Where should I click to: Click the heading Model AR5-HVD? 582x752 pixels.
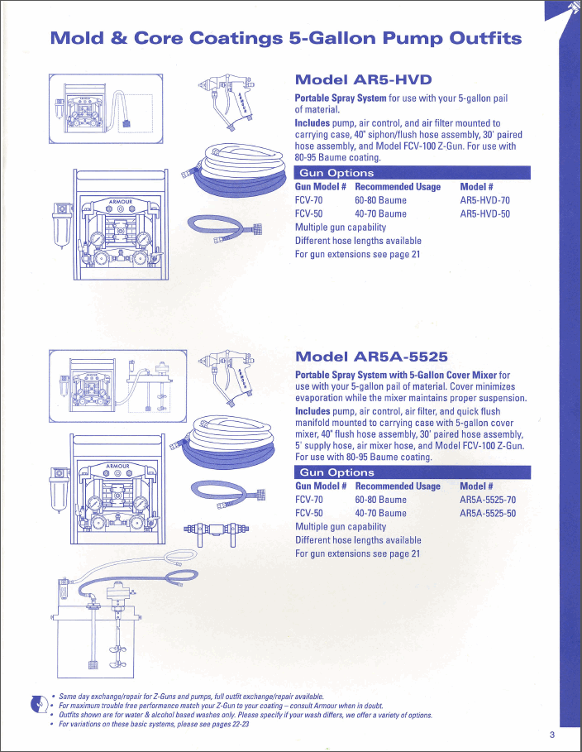click(363, 79)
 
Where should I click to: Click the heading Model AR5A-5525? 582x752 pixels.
click(371, 357)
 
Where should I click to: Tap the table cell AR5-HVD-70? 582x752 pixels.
click(484, 200)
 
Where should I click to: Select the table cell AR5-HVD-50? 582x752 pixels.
click(484, 214)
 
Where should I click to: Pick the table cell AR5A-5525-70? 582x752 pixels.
click(488, 500)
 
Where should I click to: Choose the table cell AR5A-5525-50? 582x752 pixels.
click(488, 513)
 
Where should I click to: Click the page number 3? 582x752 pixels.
click(552, 735)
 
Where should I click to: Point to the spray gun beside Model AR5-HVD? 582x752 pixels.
click(227, 102)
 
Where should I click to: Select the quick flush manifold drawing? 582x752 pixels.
click(217, 531)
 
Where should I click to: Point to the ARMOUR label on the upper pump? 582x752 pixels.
click(120, 201)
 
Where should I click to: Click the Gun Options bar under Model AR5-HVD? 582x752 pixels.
click(413, 173)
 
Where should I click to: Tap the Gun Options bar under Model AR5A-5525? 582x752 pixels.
click(413, 472)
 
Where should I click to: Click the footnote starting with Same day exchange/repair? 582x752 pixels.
click(191, 697)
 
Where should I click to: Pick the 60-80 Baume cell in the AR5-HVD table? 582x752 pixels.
click(380, 200)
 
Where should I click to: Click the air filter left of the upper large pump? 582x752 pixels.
click(62, 224)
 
